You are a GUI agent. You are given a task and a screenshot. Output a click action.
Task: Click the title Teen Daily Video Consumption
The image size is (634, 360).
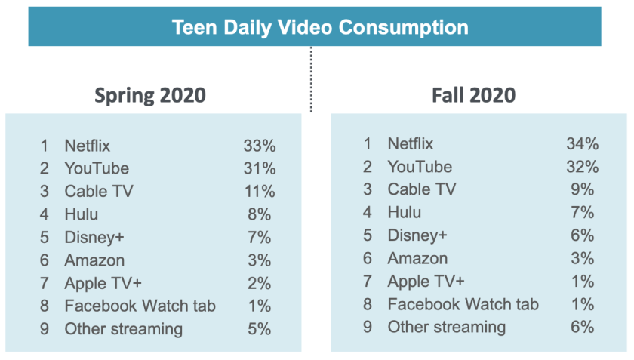pyautogui.click(x=320, y=27)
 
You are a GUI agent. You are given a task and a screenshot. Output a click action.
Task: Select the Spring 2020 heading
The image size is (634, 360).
pyautogui.click(x=149, y=96)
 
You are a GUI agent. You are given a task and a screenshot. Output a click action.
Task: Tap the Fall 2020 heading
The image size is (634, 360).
pyautogui.click(x=473, y=95)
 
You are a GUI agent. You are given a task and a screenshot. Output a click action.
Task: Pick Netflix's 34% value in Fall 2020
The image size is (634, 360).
pyautogui.click(x=582, y=143)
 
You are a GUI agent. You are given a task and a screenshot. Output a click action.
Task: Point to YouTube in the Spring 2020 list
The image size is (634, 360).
pyautogui.click(x=97, y=168)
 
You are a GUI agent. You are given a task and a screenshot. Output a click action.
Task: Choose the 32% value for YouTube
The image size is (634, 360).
pyautogui.click(x=582, y=167)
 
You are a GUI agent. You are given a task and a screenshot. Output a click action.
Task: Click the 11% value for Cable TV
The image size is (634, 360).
pyautogui.click(x=259, y=191)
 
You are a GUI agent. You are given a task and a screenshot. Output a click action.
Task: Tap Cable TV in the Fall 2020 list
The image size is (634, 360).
pyautogui.click(x=421, y=189)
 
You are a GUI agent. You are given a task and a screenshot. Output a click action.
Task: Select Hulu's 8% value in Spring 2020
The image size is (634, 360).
pyautogui.click(x=259, y=214)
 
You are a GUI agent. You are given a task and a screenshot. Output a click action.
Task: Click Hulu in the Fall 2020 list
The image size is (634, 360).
pyautogui.click(x=405, y=213)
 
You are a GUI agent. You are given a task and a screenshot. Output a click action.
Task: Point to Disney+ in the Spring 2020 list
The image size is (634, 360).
pyautogui.click(x=94, y=237)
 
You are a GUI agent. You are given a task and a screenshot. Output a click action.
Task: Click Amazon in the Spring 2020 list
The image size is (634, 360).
pyautogui.click(x=94, y=260)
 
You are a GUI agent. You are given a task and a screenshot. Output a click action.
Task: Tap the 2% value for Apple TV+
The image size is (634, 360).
pyautogui.click(x=259, y=283)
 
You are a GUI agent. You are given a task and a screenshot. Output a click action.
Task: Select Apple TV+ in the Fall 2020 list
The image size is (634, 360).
pyautogui.click(x=426, y=282)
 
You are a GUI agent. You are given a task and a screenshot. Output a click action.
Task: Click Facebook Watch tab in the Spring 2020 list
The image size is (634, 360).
pyautogui.click(x=140, y=306)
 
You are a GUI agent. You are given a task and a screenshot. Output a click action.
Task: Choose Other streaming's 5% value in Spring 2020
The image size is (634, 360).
pyautogui.click(x=259, y=329)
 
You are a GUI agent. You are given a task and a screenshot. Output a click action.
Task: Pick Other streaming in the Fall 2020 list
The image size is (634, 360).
pyautogui.click(x=446, y=328)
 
